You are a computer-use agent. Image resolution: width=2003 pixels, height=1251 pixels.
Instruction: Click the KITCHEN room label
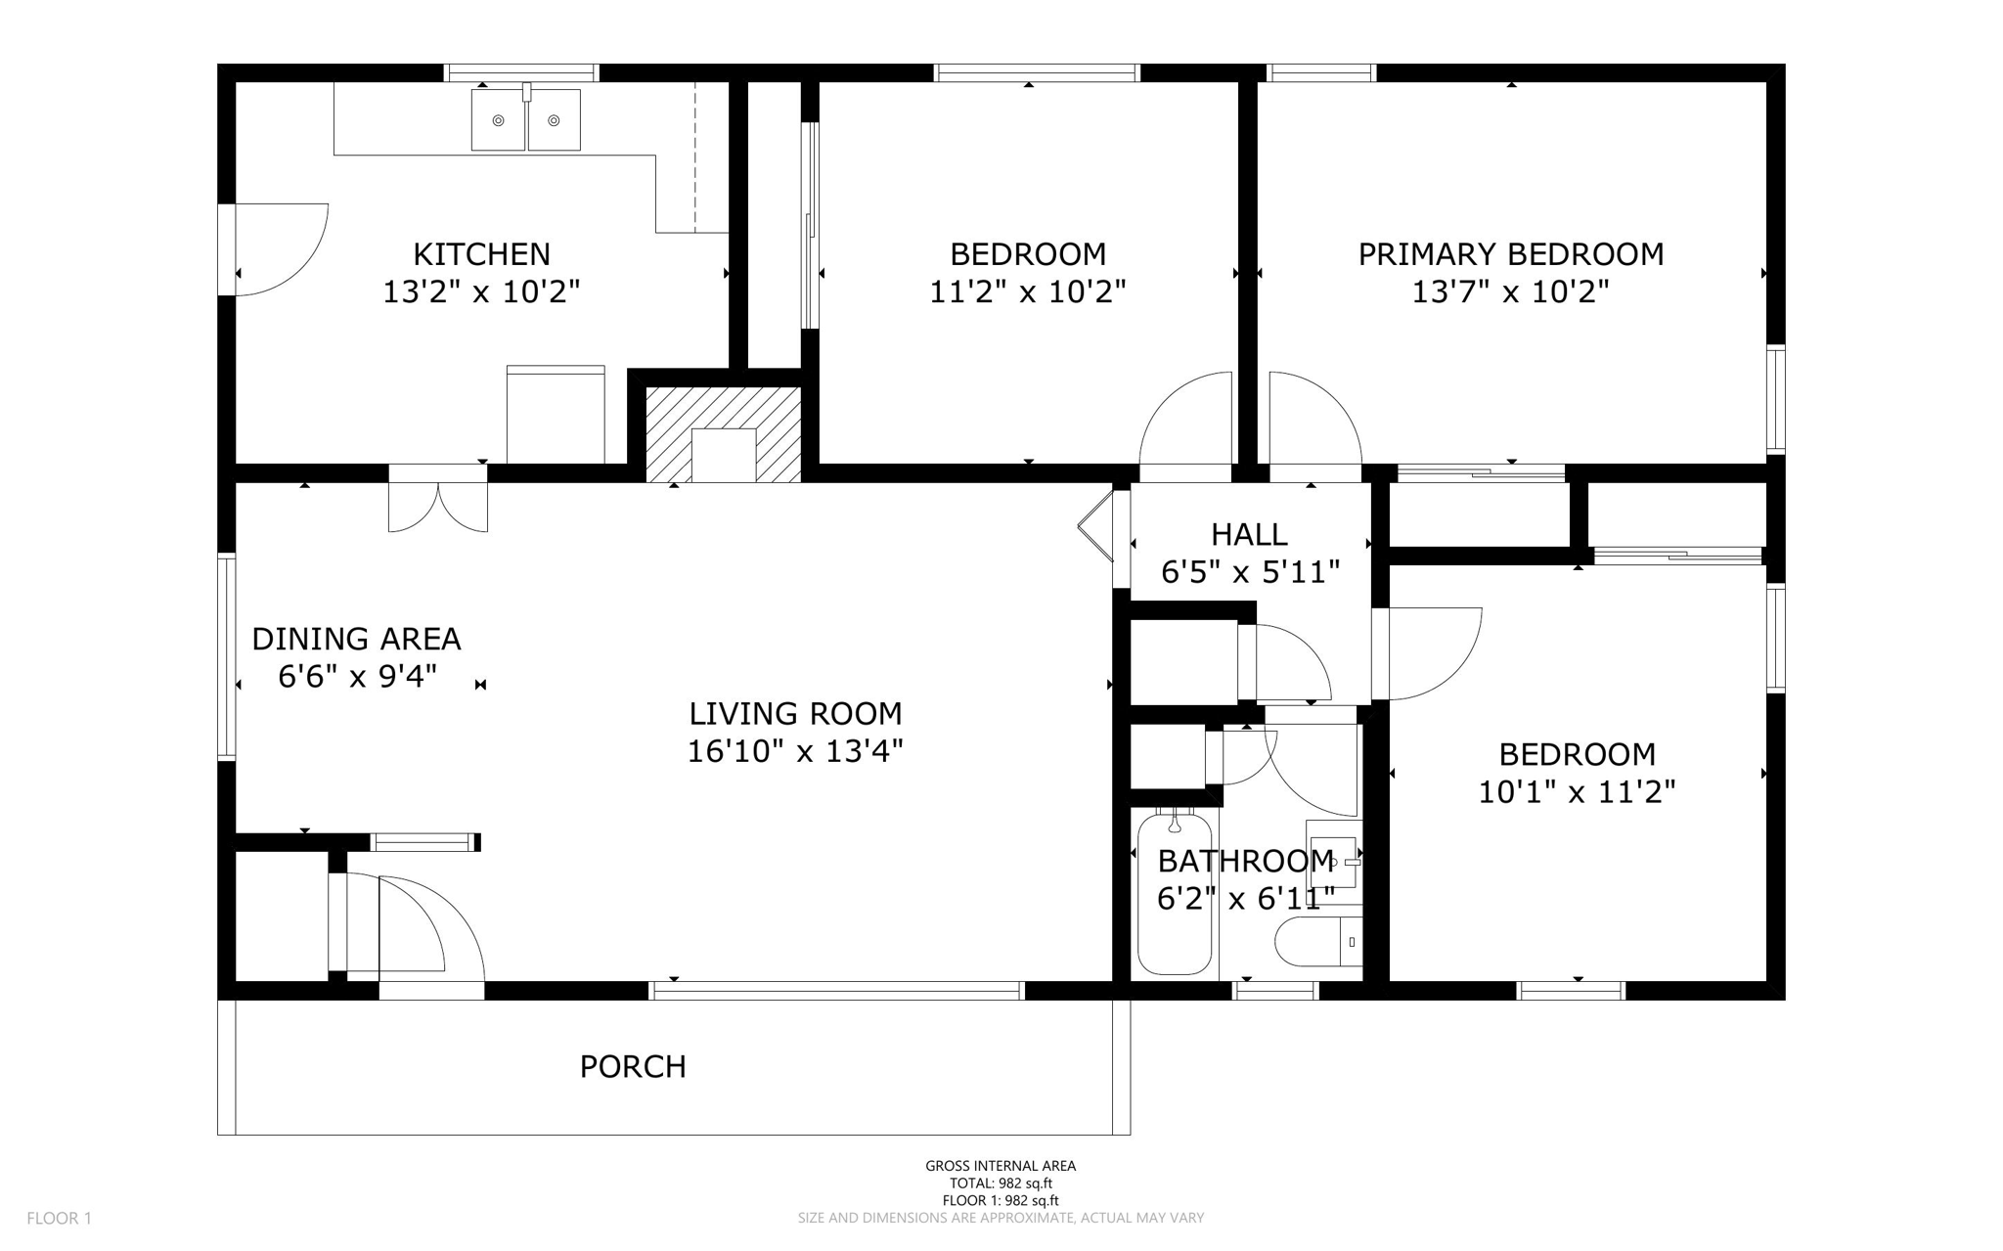[x=481, y=254]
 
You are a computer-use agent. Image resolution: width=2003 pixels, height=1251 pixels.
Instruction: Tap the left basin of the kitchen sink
[x=498, y=120]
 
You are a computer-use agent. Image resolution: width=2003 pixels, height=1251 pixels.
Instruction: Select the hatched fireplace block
[x=724, y=433]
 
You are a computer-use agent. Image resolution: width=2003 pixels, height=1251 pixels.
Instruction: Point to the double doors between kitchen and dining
[x=438, y=504]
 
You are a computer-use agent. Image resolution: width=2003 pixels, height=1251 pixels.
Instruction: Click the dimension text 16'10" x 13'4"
[x=794, y=752]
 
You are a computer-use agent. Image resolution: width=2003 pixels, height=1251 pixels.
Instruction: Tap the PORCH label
[x=633, y=1066]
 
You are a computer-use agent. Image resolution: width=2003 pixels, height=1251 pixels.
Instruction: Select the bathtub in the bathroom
[x=1175, y=895]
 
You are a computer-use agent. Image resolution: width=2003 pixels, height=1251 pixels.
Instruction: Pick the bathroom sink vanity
[x=1334, y=861]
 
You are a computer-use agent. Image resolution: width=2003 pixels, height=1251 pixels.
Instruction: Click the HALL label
[x=1249, y=535]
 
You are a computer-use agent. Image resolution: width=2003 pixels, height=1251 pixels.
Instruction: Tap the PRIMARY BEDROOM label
[x=1510, y=254]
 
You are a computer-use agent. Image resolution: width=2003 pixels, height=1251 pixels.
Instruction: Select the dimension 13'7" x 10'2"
[x=1510, y=291]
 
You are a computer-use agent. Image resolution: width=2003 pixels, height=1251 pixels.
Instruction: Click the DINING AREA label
[x=356, y=640]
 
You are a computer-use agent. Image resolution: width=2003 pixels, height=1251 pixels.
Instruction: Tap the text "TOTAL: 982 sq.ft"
[x=1001, y=1183]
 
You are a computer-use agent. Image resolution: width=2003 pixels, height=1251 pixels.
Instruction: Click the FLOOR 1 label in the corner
[x=59, y=1219]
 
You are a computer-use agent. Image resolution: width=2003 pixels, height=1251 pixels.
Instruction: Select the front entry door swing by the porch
[x=430, y=929]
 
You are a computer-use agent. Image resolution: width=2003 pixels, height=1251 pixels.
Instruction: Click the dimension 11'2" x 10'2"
[x=1027, y=291]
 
